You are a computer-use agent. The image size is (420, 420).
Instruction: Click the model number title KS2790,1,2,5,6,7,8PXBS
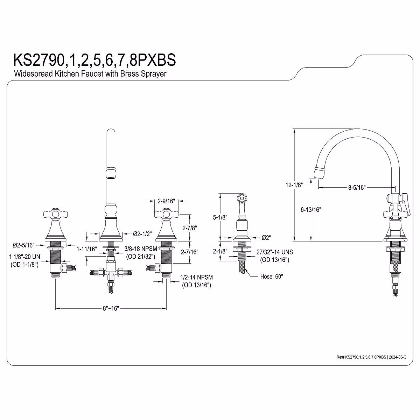click(94, 60)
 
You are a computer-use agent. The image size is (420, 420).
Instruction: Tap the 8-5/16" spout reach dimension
click(356, 188)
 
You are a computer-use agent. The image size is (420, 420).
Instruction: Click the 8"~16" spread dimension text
click(111, 308)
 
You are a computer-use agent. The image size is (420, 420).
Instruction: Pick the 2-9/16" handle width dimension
click(166, 201)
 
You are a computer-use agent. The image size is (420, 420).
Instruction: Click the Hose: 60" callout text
click(272, 276)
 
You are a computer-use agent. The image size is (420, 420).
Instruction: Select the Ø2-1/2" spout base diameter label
click(142, 233)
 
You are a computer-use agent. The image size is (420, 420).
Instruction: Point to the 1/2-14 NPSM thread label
click(196, 277)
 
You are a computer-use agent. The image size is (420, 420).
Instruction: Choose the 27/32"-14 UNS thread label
click(274, 252)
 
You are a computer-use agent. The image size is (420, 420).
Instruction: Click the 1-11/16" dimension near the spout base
click(87, 249)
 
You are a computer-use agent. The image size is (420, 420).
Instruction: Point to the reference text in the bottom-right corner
click(371, 357)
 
